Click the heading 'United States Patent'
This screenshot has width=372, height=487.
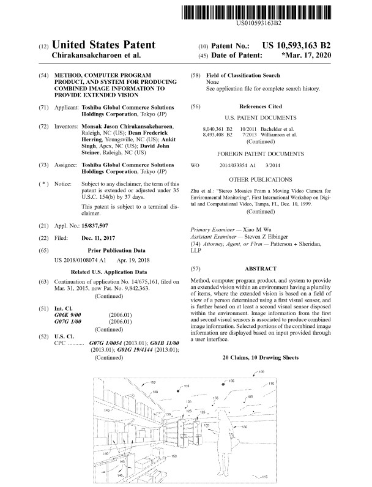pyautogui.click(x=104, y=45)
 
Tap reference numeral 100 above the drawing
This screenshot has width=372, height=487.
pyautogui.click(x=261, y=372)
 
